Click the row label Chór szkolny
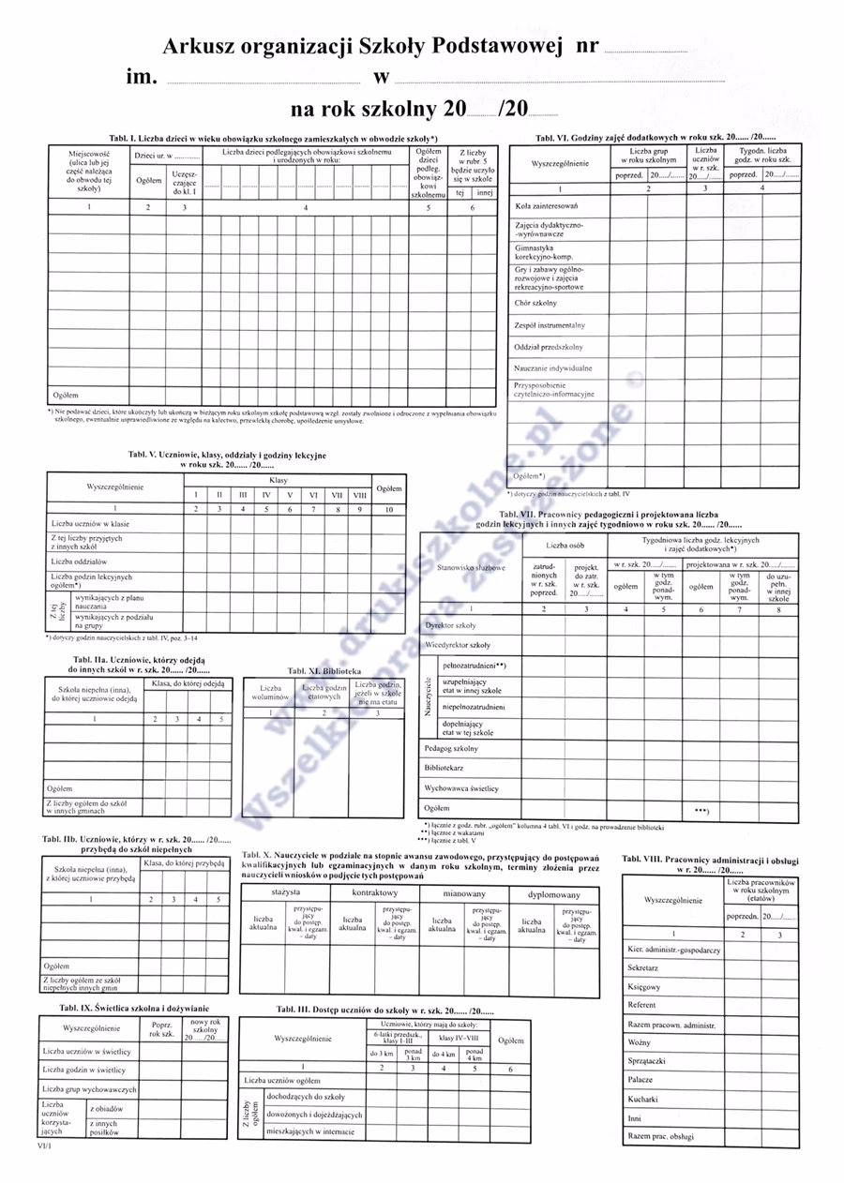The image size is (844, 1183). tap(535, 303)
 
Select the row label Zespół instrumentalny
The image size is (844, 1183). tap(550, 325)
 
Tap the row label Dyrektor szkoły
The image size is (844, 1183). tap(450, 624)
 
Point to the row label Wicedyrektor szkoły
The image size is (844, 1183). tap(458, 645)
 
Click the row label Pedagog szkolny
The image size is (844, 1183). tap(451, 749)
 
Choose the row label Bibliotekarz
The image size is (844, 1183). tap(445, 769)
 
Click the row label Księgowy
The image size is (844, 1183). tap(644, 987)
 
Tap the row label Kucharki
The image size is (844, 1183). tap(643, 1100)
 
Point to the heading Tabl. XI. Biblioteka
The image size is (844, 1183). tap(324, 671)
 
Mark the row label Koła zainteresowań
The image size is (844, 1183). tap(547, 205)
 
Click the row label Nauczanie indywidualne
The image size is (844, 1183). tap(553, 368)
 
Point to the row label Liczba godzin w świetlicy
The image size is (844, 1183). tap(84, 1070)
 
